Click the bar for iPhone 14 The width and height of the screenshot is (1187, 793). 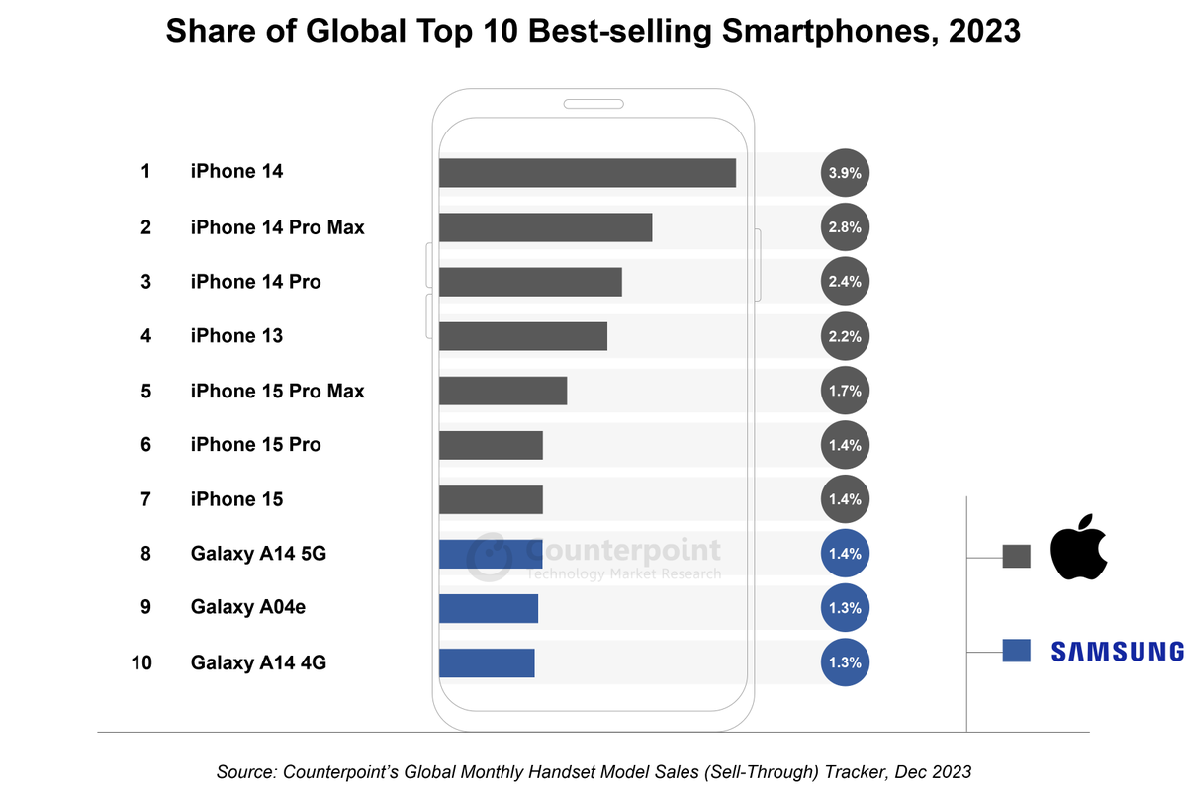tap(587, 172)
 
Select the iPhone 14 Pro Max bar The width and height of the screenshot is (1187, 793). tap(545, 227)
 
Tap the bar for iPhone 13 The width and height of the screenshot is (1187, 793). tap(522, 336)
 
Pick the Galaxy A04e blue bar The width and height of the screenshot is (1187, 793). tap(488, 608)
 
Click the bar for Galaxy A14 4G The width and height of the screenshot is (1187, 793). tap(487, 662)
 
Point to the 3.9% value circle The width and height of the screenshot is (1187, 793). tap(845, 172)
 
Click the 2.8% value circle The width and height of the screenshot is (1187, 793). tap(845, 227)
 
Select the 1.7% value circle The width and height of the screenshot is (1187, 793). tap(845, 391)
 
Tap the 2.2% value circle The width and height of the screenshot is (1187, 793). tap(845, 336)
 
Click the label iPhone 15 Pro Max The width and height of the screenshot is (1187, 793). tap(277, 392)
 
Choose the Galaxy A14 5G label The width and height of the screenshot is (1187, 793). tap(258, 554)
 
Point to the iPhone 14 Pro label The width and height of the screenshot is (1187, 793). tap(255, 282)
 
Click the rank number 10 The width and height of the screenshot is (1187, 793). tap(141, 662)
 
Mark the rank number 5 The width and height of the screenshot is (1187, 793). tap(145, 392)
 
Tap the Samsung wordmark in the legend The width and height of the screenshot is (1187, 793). tap(1117, 651)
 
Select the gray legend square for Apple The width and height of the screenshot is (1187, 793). tap(1017, 557)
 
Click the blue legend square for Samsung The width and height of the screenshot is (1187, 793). tap(1017, 651)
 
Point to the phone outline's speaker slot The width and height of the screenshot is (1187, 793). tap(593, 104)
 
